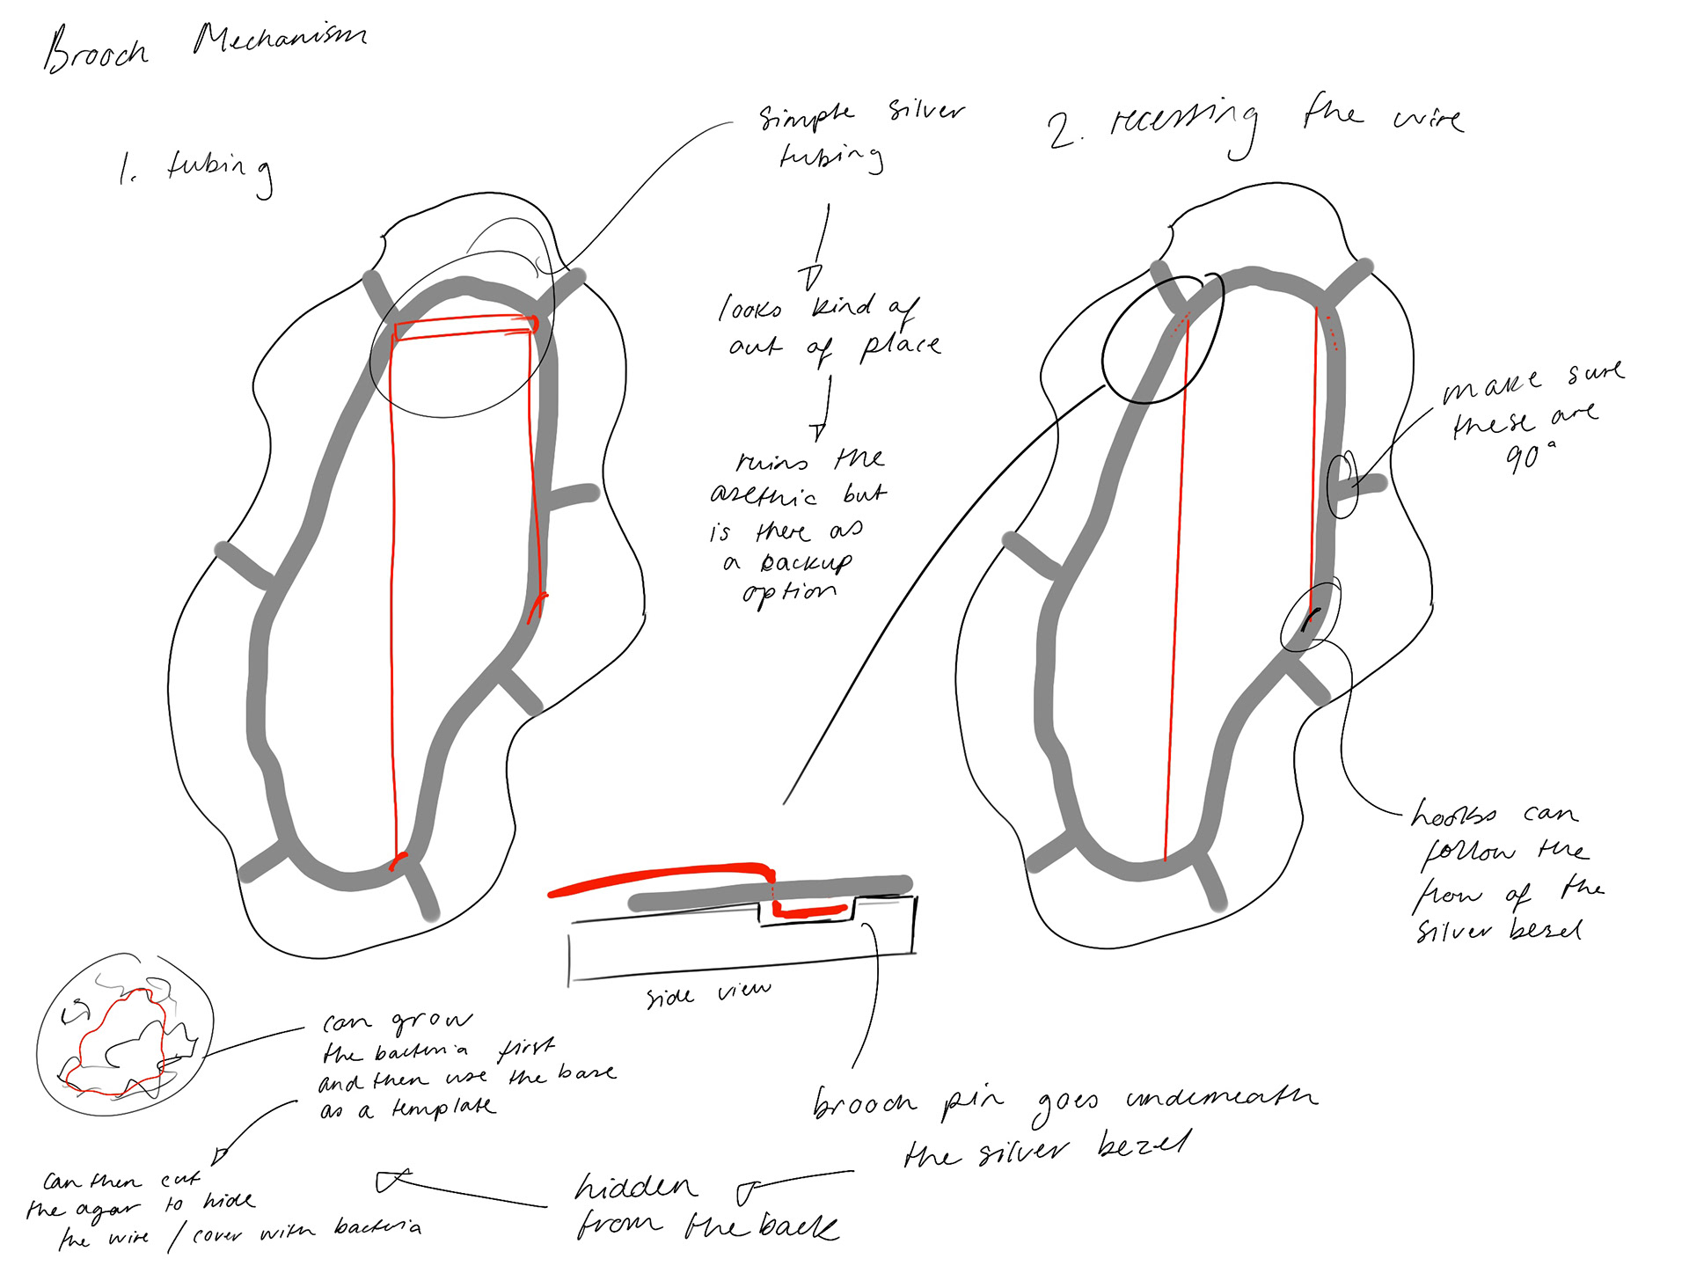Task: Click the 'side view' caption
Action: (x=708, y=994)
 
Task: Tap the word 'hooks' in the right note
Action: (x=1453, y=815)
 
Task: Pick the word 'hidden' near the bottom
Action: (x=635, y=1188)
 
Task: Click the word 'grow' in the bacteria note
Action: (x=431, y=1021)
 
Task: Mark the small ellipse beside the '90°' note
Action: (x=1342, y=484)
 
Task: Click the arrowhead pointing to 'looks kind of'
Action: (x=811, y=278)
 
